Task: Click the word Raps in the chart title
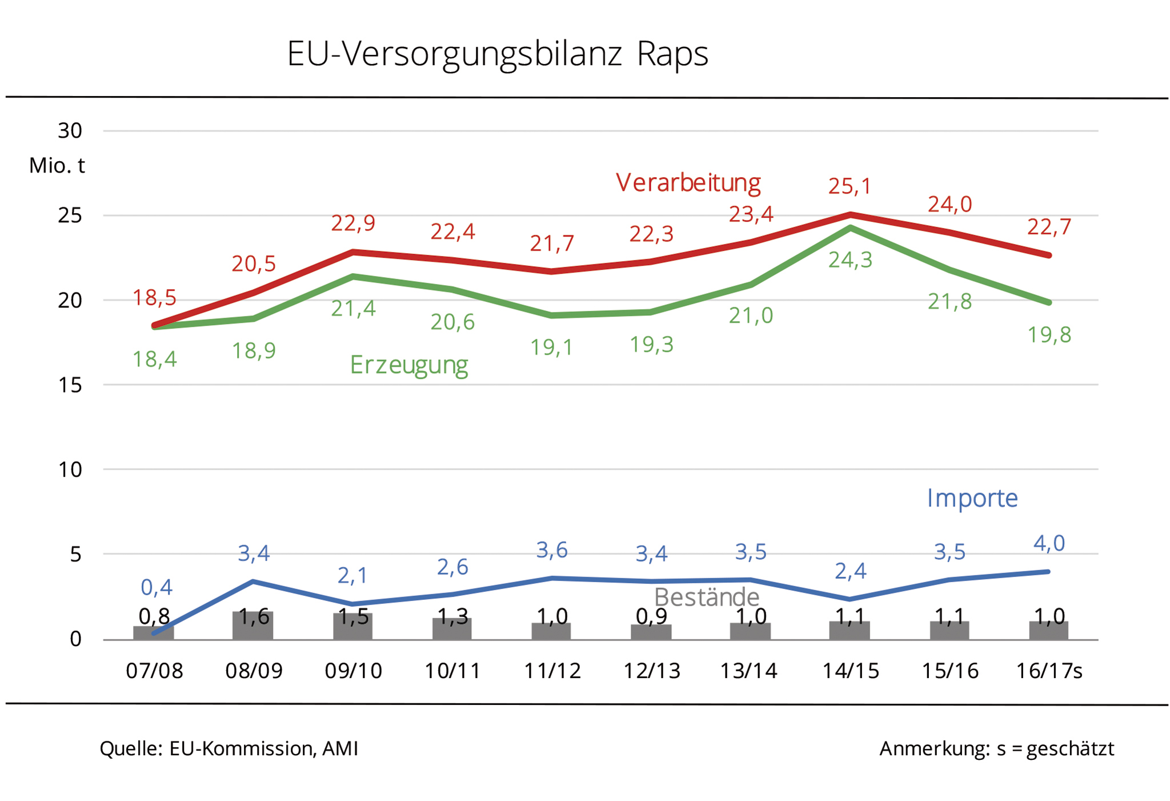click(672, 55)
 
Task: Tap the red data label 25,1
click(850, 186)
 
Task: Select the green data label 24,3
click(850, 261)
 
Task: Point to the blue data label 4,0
click(1049, 543)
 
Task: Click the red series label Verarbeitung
click(688, 183)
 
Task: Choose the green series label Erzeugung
click(408, 365)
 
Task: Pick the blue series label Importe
click(972, 498)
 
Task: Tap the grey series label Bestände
click(706, 598)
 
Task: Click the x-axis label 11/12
click(552, 671)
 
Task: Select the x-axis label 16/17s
click(1049, 671)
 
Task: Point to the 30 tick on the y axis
click(70, 131)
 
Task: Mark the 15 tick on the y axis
click(70, 385)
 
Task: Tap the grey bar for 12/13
click(651, 632)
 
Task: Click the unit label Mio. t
click(57, 166)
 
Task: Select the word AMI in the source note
click(340, 748)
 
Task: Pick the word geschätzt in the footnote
click(1070, 749)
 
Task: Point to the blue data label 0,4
click(156, 587)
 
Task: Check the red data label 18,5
click(154, 298)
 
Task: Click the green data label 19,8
click(1049, 335)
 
